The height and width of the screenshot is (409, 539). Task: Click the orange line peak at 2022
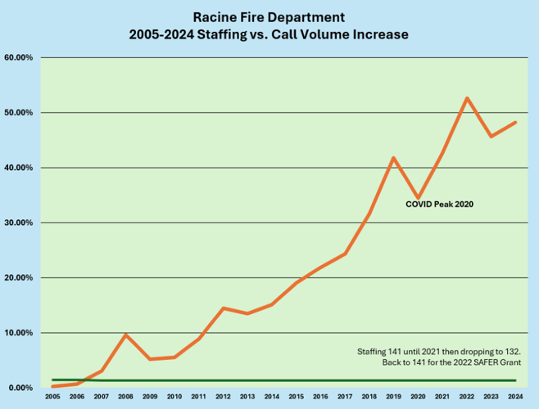tap(467, 98)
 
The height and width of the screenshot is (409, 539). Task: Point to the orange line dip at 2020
tap(419, 198)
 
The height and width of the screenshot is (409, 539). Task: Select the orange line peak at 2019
tap(394, 158)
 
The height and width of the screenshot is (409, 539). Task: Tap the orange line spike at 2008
tap(126, 335)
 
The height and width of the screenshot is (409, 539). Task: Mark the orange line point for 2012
tap(224, 308)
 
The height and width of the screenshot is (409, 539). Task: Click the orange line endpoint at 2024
tap(515, 123)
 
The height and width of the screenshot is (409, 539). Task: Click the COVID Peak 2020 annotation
tap(440, 204)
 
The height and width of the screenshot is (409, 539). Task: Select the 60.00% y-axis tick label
tap(19, 57)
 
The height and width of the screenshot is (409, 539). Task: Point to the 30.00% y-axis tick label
tap(19, 222)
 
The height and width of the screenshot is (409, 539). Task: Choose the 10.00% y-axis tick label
tap(19, 333)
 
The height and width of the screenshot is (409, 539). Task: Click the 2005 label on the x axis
tap(53, 396)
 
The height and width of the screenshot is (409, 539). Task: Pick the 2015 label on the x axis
tap(297, 396)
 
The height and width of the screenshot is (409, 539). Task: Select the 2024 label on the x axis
tap(515, 396)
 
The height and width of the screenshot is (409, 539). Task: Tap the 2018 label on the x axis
tap(369, 396)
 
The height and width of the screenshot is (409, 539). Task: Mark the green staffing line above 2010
tap(174, 380)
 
